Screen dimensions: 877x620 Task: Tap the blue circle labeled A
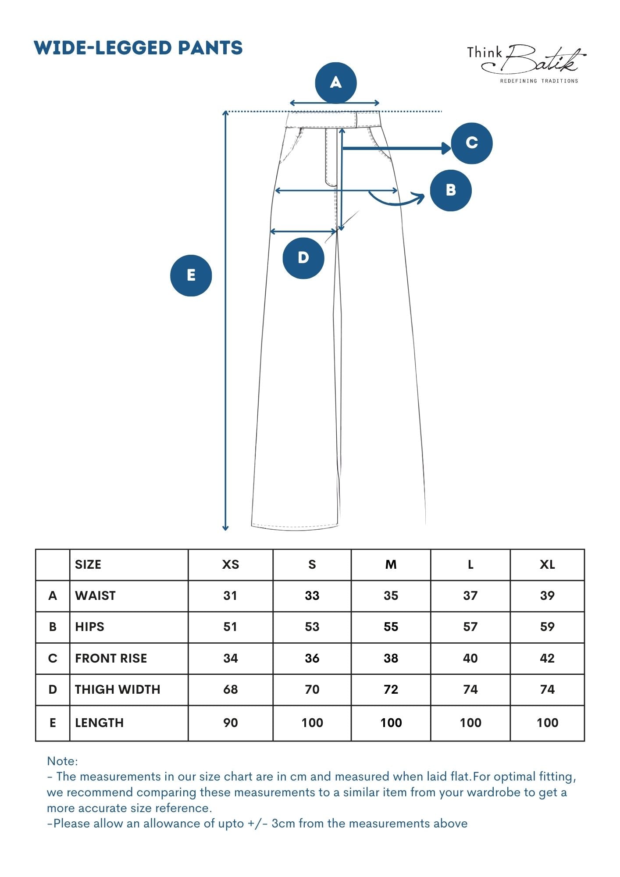coord(335,82)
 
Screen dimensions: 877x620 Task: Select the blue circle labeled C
coord(471,143)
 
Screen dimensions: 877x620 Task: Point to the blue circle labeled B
coord(450,190)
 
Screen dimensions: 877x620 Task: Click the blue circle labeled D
coord(303,258)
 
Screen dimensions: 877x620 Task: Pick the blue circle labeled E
coord(191,275)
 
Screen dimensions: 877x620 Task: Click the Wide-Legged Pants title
coord(138,48)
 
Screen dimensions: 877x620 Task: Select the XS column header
coord(230,565)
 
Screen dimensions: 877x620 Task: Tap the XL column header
coord(547,565)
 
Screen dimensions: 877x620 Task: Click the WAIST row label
coord(95,596)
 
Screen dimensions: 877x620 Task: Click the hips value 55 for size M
coord(391,627)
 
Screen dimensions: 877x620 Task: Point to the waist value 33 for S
coord(312,596)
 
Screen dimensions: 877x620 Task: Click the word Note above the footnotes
coord(62,761)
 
